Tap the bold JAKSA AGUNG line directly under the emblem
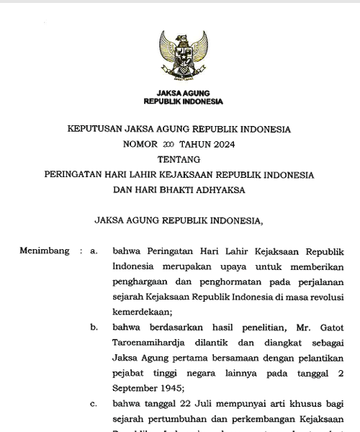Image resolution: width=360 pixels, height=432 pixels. (183, 93)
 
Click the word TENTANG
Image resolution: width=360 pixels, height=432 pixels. (179, 159)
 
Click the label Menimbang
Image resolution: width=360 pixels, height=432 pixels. (44, 251)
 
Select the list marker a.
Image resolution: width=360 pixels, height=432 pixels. (94, 251)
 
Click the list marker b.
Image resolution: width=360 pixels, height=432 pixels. (94, 327)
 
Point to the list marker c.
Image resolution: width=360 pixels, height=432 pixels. (94, 404)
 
